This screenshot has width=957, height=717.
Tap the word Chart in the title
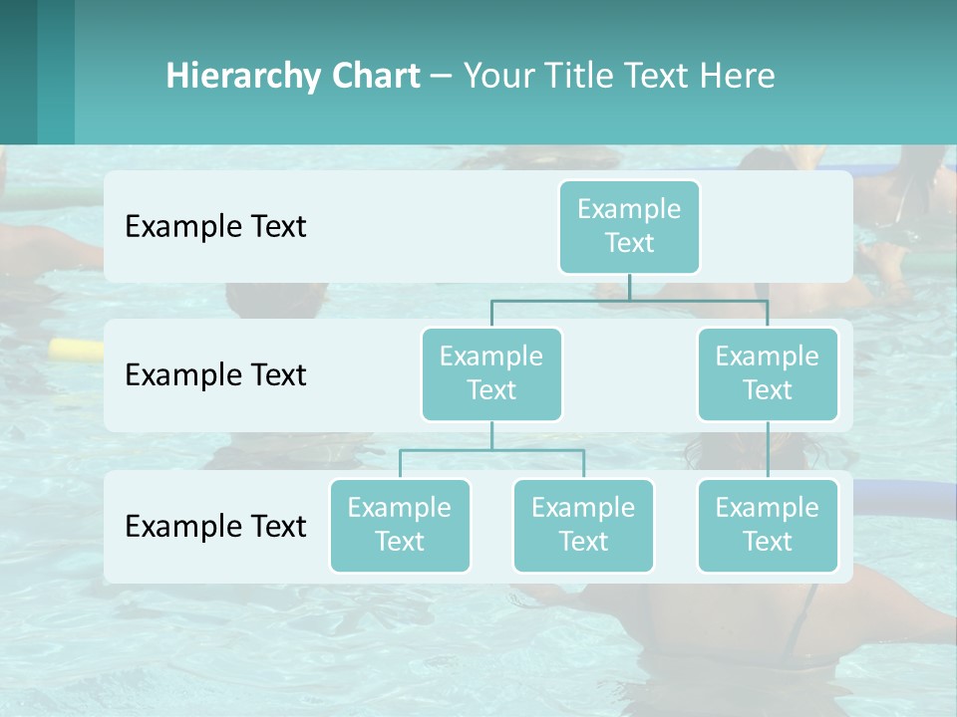[375, 76]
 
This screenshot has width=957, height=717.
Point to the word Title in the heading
[582, 76]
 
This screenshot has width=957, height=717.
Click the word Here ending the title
[740, 76]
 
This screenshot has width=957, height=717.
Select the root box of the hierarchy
[629, 226]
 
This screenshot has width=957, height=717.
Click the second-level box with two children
[491, 373]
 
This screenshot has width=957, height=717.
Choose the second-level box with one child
[768, 373]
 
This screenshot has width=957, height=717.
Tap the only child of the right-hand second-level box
[768, 525]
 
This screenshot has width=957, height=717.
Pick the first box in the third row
[400, 525]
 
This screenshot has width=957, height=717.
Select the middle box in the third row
[583, 525]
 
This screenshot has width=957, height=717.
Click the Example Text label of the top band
[215, 226]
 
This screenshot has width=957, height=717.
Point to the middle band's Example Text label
[215, 374]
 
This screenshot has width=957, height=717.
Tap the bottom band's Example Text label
[215, 526]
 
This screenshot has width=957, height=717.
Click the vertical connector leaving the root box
[629, 287]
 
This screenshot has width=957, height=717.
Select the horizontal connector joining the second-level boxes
[629, 300]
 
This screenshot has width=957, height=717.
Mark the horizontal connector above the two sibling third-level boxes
[491, 450]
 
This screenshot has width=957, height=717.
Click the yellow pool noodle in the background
[76, 349]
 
